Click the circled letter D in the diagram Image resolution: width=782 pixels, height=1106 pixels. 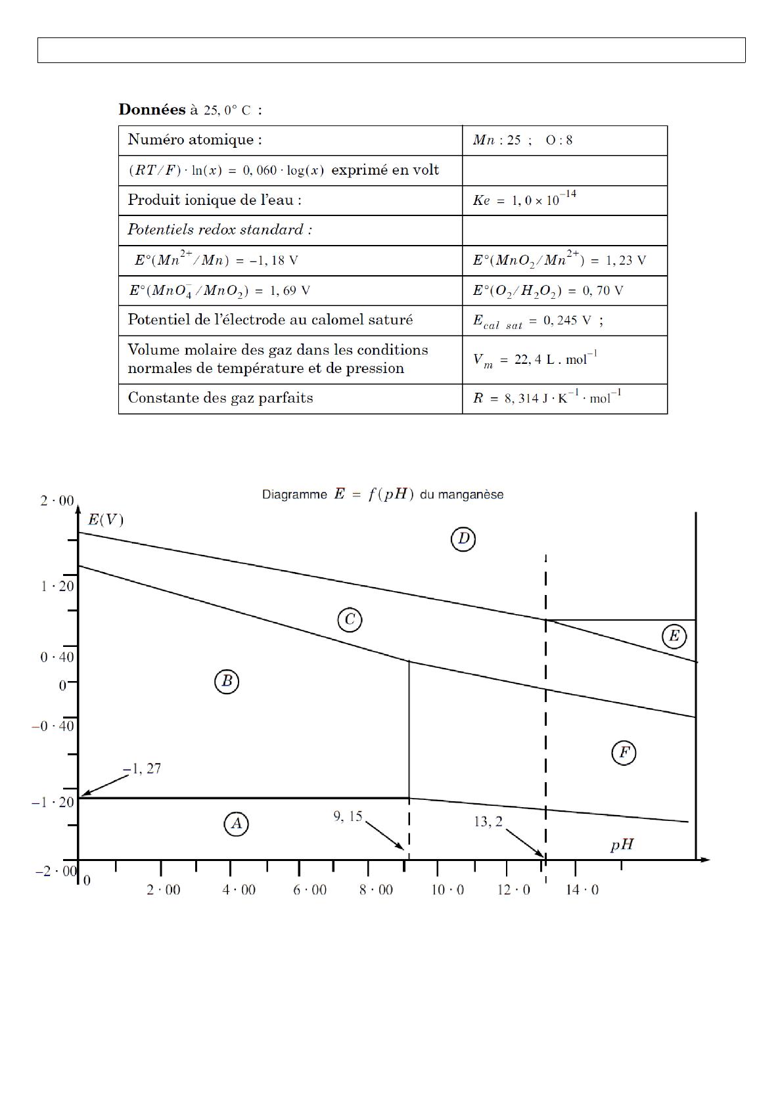coord(463,540)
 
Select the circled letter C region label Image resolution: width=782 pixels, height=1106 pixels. coord(350,619)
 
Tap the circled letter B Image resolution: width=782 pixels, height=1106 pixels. coord(227,682)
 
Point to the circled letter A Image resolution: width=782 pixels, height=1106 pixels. coord(237,824)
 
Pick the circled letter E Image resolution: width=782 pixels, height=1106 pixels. coord(674,636)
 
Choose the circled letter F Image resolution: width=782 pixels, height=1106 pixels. coord(624,753)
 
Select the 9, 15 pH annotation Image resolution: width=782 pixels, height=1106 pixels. coord(348,816)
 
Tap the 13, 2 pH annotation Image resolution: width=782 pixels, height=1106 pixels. coord(488,822)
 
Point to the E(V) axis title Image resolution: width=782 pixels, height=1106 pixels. coord(105,520)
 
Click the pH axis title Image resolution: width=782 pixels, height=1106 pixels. coord(622,845)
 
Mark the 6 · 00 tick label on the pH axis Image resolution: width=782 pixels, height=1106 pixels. coord(310,890)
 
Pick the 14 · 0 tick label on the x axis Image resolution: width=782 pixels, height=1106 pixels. coord(582,890)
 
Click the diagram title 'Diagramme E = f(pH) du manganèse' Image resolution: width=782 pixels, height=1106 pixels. coord(382,495)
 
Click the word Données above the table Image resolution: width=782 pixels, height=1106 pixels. coord(152,110)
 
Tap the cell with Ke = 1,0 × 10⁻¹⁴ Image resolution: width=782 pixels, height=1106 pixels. coord(524,200)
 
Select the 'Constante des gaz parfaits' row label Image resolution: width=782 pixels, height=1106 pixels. coord(220,398)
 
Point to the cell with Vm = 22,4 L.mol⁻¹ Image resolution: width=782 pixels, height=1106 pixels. coord(535,360)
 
